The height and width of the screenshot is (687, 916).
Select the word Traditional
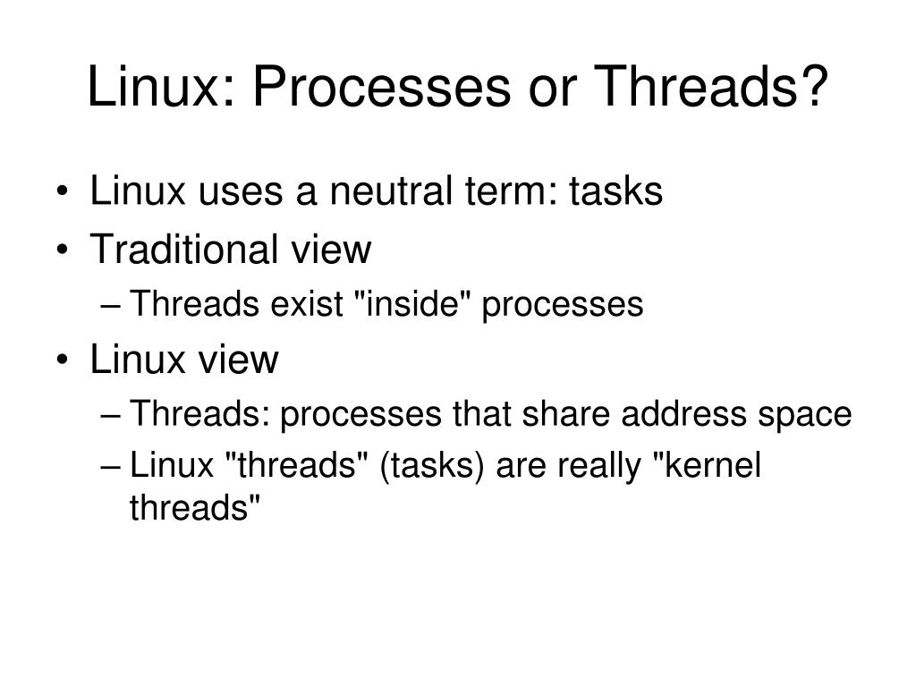pyautogui.click(x=185, y=250)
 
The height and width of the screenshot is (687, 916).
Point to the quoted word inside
pyautogui.click(x=415, y=305)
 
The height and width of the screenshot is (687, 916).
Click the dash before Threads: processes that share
pyautogui.click(x=112, y=416)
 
